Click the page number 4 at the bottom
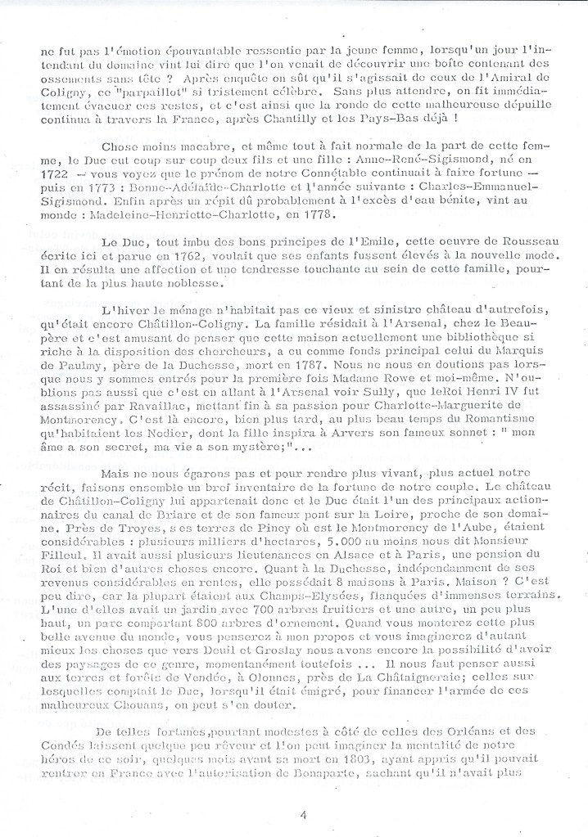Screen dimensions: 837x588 point(303,814)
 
